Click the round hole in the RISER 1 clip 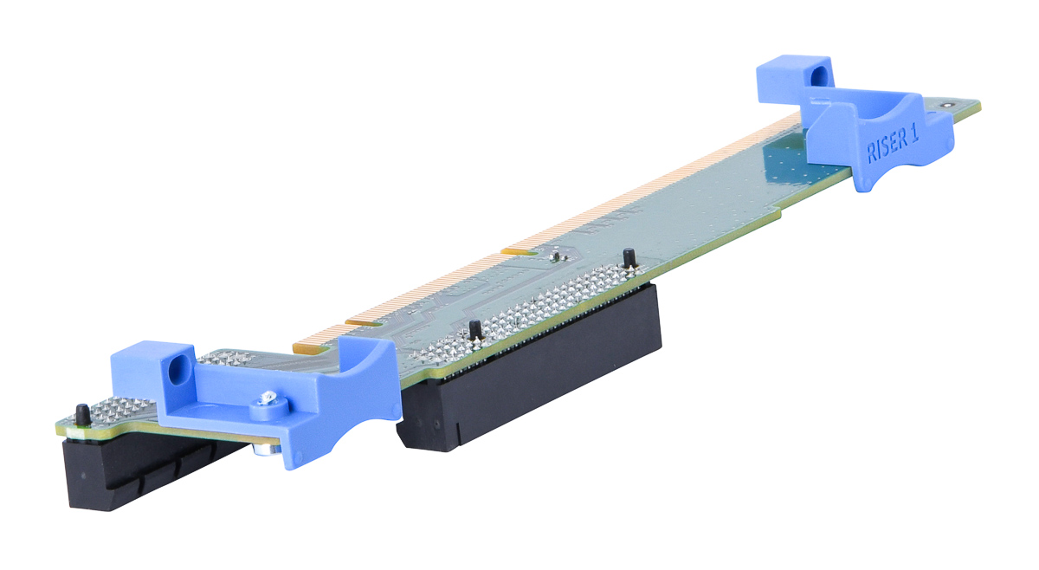[819, 74]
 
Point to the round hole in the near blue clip [179, 370]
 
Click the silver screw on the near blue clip [268, 398]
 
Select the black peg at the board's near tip [83, 414]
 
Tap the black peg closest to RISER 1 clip [629, 257]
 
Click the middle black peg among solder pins [475, 330]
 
